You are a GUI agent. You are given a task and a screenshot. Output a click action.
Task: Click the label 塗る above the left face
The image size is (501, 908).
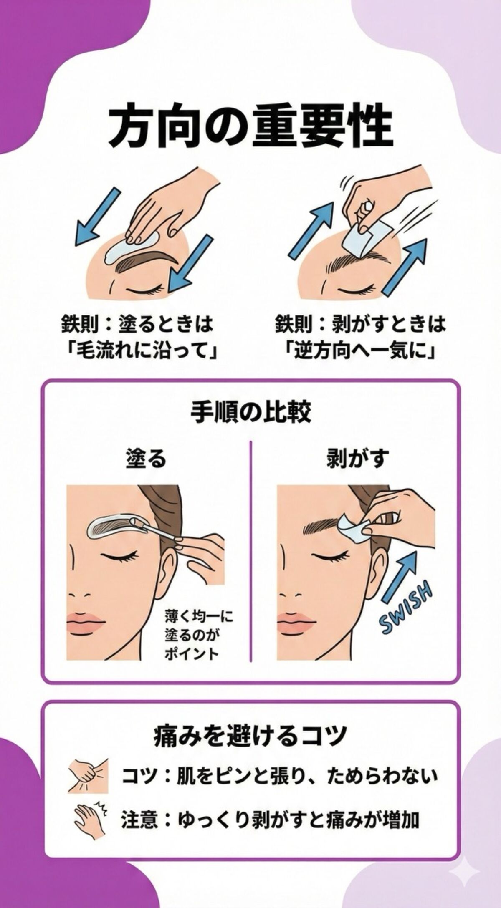pyautogui.click(x=146, y=458)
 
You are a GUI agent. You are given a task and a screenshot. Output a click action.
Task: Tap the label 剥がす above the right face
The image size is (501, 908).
pyautogui.click(x=357, y=458)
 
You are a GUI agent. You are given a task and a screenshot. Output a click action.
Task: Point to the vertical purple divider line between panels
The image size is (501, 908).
pyautogui.click(x=250, y=551)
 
